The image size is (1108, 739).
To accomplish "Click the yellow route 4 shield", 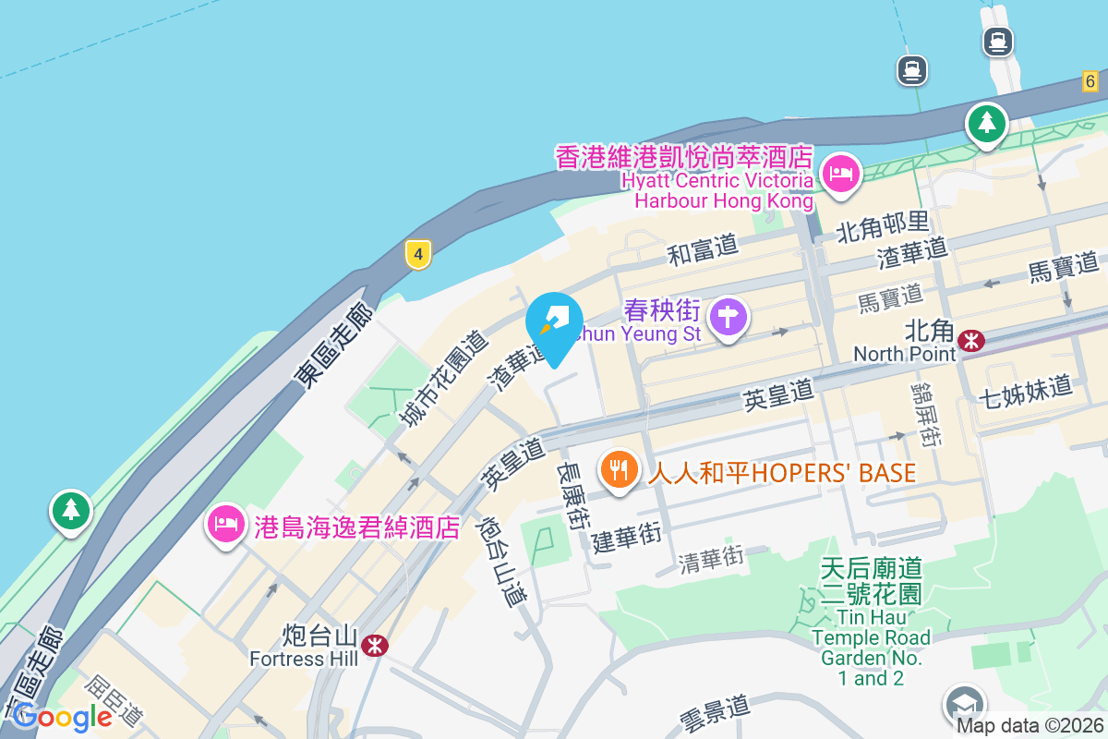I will pos(418,254).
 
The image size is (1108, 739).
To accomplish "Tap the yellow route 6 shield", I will pos(1090,81).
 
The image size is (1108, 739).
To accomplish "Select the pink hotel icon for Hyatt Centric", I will pos(840,173).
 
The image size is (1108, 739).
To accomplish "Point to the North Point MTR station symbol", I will pos(970,341).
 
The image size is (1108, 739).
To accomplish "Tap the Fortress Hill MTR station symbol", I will pos(375,646).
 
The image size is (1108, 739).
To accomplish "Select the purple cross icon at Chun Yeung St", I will pos(729,317).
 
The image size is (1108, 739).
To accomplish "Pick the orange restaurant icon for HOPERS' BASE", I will pos(619,471).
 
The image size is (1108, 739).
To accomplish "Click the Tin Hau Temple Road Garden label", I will pos(871,624).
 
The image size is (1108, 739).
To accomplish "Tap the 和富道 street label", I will pos(704,248).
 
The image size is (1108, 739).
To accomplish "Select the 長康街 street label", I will pos(572,494).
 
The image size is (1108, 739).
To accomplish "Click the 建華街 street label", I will pos(627,538).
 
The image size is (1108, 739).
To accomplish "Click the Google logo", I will pos(63,716).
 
